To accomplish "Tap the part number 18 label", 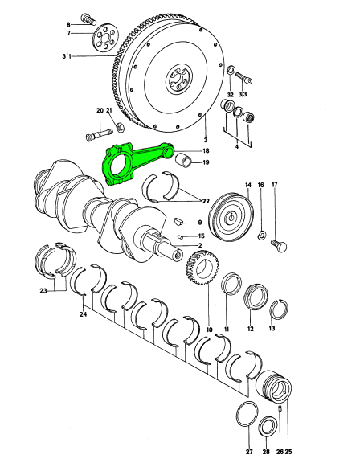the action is (206, 151).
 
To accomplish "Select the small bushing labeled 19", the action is (183, 160).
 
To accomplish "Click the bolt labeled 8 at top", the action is (88, 18).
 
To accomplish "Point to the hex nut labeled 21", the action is (120, 127).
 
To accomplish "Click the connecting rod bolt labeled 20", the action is (99, 134).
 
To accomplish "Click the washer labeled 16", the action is (261, 236).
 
